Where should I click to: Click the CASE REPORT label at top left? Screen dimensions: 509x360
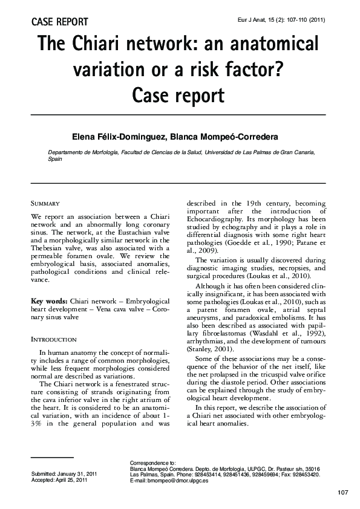point(59,22)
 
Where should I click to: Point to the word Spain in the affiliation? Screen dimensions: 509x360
point(56,161)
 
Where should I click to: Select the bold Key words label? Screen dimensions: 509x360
point(49,300)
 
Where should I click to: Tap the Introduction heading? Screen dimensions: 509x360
point(53,340)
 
